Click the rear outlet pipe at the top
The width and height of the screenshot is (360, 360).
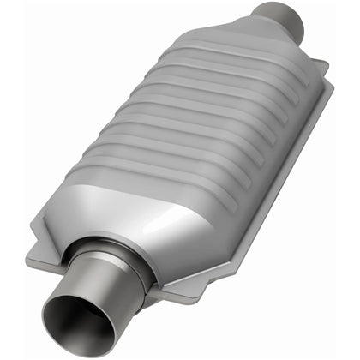tap(279, 17)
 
